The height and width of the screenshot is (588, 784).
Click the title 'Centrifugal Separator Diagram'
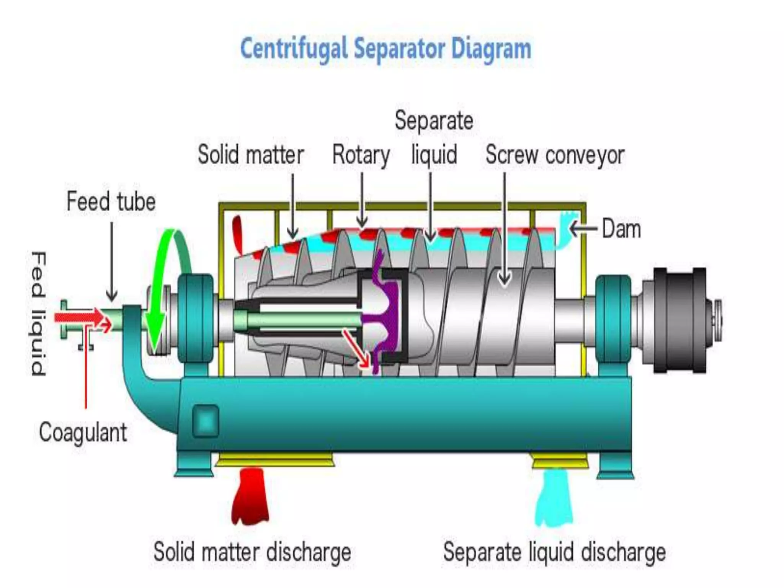pyautogui.click(x=386, y=49)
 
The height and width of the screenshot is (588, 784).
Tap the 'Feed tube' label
pyautogui.click(x=111, y=201)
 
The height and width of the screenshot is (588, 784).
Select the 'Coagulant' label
pyautogui.click(x=83, y=433)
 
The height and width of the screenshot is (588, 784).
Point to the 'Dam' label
pyautogui.click(x=621, y=229)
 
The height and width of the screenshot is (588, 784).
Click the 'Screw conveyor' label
pyautogui.click(x=555, y=155)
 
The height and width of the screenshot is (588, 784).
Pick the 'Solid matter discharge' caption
pyautogui.click(x=252, y=552)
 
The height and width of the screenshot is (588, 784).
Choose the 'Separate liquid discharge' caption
pyautogui.click(x=554, y=552)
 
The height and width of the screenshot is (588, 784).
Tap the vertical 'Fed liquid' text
pyautogui.click(x=38, y=314)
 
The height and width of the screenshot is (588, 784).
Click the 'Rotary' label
pyautogui.click(x=361, y=155)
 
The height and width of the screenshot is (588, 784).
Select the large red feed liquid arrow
pyautogui.click(x=78, y=317)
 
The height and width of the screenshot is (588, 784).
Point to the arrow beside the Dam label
pyautogui.click(x=583, y=229)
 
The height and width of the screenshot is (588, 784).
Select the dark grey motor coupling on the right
pyautogui.click(x=679, y=320)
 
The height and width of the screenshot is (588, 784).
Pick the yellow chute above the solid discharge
pyautogui.click(x=275, y=459)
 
